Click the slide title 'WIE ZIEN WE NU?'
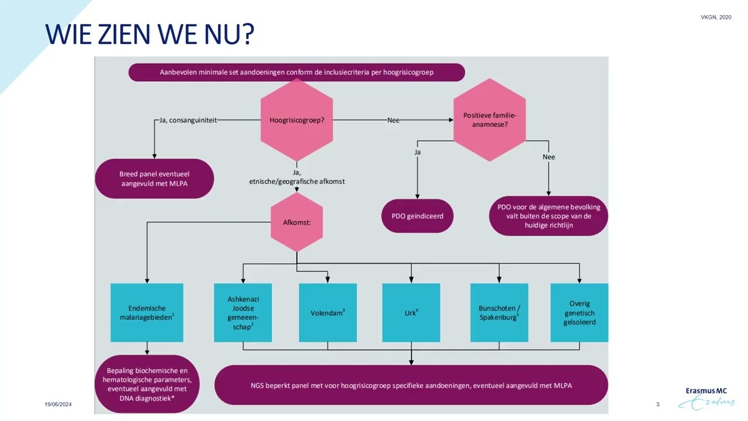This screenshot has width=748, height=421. tap(150, 35)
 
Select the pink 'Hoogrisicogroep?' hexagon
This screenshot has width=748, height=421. tap(297, 120)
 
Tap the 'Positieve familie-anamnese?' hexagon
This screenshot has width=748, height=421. tap(490, 120)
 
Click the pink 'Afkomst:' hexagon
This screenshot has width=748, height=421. tap(297, 222)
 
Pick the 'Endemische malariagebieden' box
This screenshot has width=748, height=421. tap(147, 313)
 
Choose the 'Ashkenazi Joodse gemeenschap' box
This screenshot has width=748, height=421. tap(243, 313)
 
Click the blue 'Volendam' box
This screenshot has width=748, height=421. tap(327, 313)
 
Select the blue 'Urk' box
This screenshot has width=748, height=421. tap(411, 313)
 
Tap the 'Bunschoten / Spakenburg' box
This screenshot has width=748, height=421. tap(499, 313)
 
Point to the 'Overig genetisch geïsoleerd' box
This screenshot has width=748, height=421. tap(579, 313)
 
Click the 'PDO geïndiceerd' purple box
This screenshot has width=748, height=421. tap(417, 216)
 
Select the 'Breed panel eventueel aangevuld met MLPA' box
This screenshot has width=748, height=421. tap(154, 179)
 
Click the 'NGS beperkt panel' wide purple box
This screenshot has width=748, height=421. tap(411, 385)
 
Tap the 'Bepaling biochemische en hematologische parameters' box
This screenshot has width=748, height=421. tap(147, 384)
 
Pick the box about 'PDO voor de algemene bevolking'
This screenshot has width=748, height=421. tap(548, 216)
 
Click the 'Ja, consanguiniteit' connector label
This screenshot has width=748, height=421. tap(188, 120)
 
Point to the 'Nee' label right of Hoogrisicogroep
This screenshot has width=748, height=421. tap(393, 120)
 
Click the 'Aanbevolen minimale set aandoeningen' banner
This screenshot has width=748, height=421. tap(296, 73)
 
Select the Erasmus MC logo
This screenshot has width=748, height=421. tap(709, 398)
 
